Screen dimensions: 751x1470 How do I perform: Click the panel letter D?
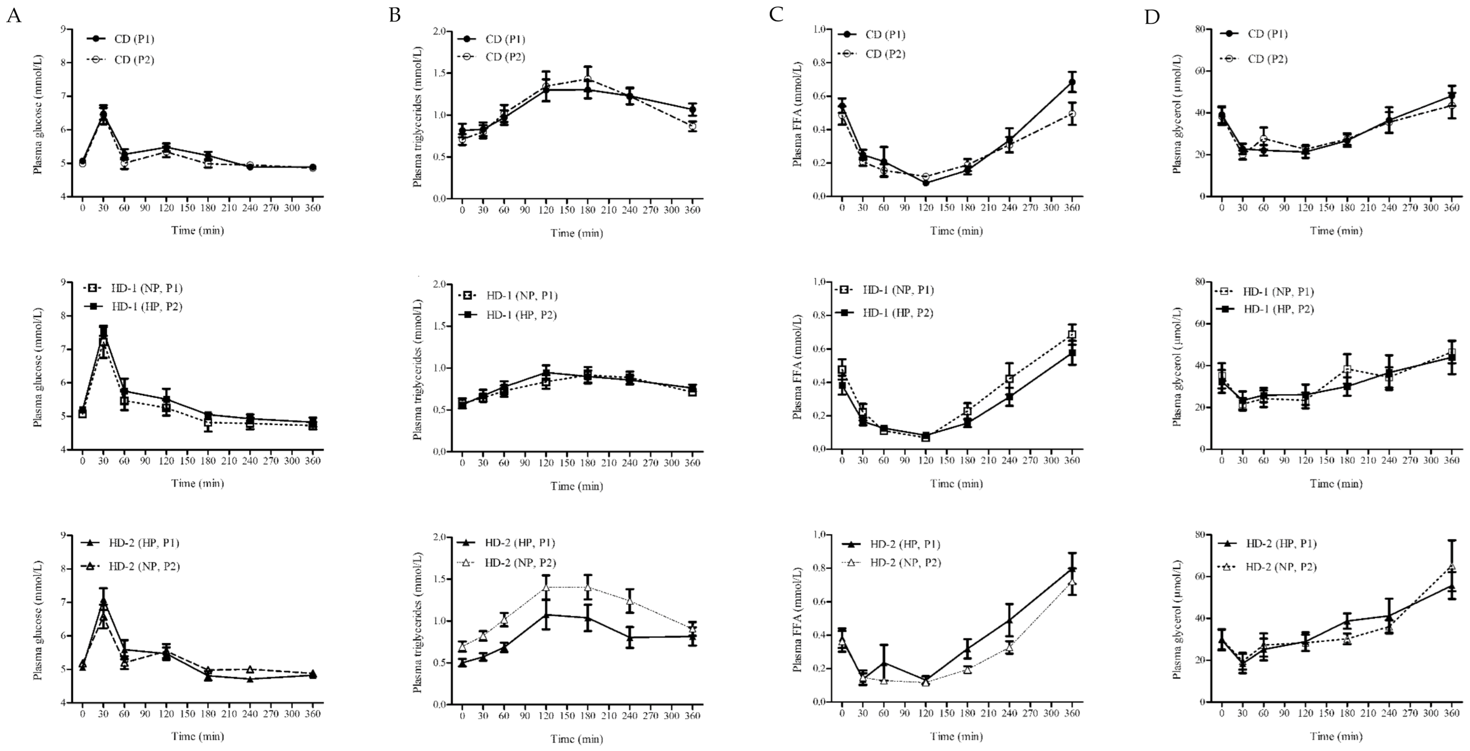[1152, 17]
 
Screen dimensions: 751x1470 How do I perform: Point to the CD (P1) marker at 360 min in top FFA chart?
[1072, 82]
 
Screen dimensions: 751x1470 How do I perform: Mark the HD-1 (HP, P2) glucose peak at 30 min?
[104, 333]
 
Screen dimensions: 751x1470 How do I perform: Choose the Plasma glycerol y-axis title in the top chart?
[1177, 113]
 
